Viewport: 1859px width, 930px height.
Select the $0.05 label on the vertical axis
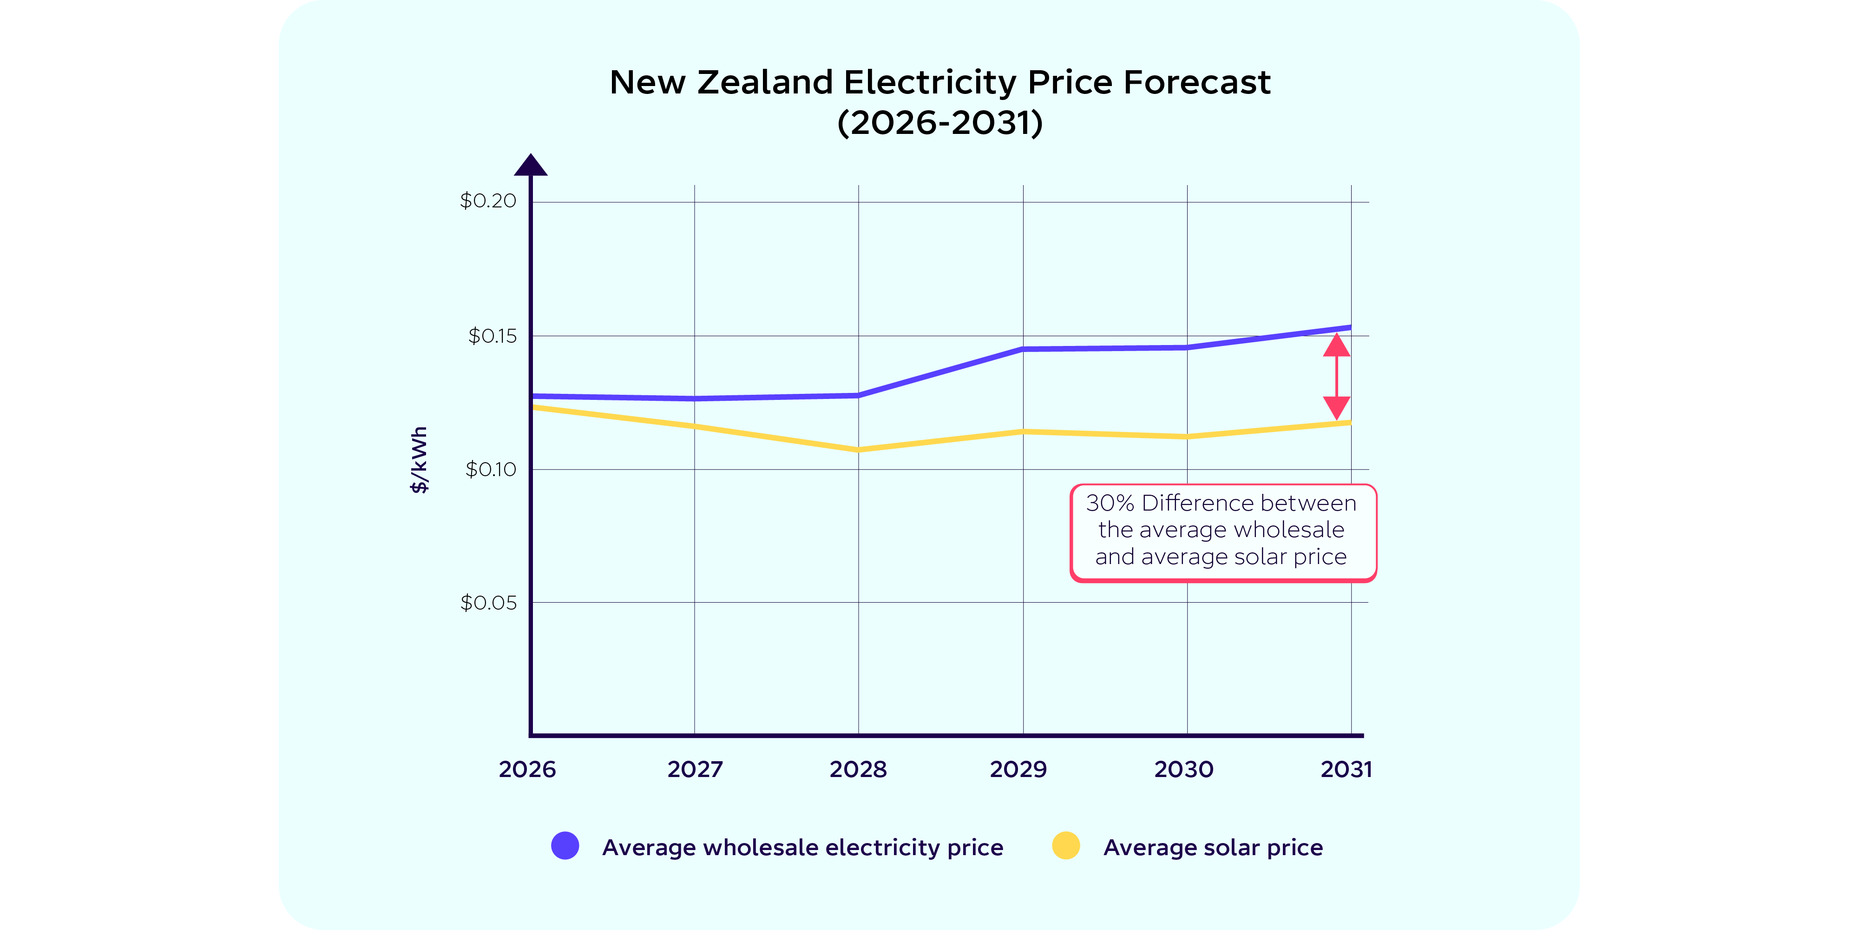[x=489, y=603]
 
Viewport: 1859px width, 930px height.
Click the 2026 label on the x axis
[x=527, y=770]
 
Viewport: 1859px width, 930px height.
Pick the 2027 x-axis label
[x=695, y=770]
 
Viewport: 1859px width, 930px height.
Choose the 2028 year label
[x=858, y=770]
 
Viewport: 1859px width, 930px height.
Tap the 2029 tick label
[x=1018, y=770]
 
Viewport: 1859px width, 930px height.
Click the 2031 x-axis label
[x=1347, y=770]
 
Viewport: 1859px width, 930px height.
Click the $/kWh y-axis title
[x=419, y=460]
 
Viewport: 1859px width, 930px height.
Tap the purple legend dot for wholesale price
[x=565, y=845]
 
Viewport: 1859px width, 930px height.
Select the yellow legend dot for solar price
[x=1066, y=845]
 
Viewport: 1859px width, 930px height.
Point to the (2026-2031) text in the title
[x=939, y=123]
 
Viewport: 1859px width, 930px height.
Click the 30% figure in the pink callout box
[x=1110, y=503]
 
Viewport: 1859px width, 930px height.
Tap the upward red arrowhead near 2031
[x=1336, y=345]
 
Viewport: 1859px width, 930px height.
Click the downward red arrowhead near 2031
[x=1336, y=407]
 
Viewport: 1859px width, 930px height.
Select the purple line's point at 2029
[x=1023, y=350]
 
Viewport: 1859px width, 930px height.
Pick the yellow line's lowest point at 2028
[x=858, y=450]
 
